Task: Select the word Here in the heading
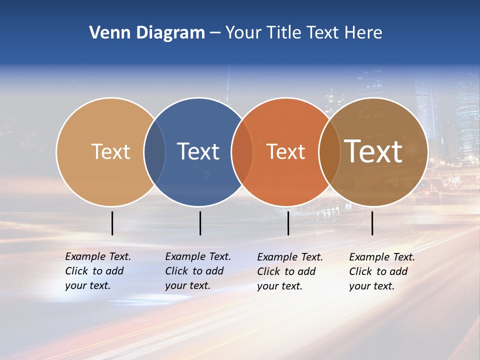[x=363, y=32]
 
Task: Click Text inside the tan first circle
[x=110, y=151]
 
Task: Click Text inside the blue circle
[x=198, y=151]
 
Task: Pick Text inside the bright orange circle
[x=285, y=151]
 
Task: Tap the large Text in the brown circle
[x=373, y=151]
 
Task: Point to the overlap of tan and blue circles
[x=154, y=151]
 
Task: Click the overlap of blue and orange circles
[x=242, y=151]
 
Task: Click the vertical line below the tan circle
[x=112, y=223]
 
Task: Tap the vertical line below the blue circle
[x=200, y=223]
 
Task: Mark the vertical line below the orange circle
[x=288, y=223]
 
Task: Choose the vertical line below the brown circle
[x=372, y=223]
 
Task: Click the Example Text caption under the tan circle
[x=98, y=271]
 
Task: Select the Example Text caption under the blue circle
[x=198, y=271]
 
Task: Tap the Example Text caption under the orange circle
[x=290, y=271]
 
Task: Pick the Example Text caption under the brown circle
[x=382, y=271]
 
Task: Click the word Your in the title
[x=242, y=32]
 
